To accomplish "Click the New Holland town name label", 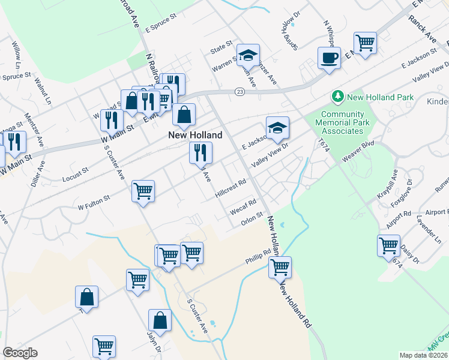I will pyautogui.click(x=190, y=136).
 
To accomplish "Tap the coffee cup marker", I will pyautogui.click(x=328, y=58).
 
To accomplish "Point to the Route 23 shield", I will pyautogui.click(x=240, y=91).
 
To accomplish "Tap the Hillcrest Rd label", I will pyautogui.click(x=231, y=188).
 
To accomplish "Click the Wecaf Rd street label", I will pyautogui.click(x=243, y=207).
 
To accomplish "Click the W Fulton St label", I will pyautogui.click(x=94, y=202).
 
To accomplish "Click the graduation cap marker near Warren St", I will pyautogui.click(x=247, y=56).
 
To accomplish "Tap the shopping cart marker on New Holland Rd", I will pyautogui.click(x=280, y=267).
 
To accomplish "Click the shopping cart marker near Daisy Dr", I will pyautogui.click(x=388, y=245).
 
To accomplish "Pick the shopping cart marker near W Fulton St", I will pyautogui.click(x=143, y=191).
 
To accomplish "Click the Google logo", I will pyautogui.click(x=20, y=353).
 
